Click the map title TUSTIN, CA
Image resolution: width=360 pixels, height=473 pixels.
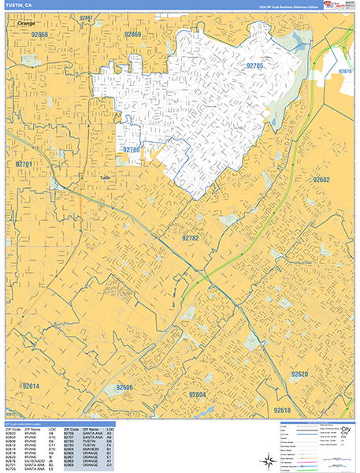click(x=18, y=6)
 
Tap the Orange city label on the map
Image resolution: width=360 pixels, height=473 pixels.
click(x=26, y=24)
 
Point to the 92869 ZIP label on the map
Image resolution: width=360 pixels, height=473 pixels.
click(x=132, y=35)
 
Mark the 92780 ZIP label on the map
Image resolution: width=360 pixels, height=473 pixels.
click(x=130, y=149)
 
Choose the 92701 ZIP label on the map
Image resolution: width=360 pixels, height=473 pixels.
click(x=26, y=164)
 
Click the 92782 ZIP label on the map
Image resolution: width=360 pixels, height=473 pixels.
click(x=191, y=237)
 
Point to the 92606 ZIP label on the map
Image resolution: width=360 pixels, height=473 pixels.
click(x=125, y=388)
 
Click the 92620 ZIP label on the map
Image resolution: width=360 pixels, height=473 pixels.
click(x=299, y=374)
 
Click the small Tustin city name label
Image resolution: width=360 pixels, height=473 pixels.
click(x=105, y=178)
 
